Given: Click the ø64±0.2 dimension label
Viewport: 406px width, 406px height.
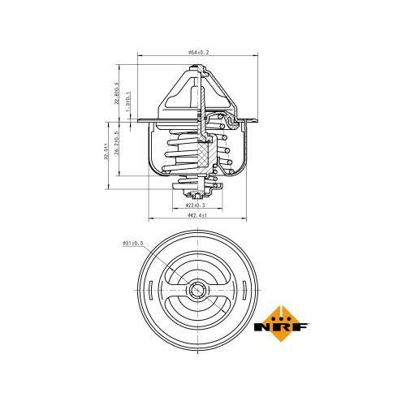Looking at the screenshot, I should point(197,53).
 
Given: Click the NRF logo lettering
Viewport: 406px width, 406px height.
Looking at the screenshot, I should point(282,327).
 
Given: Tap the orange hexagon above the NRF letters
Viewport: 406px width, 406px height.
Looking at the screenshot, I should point(282,311).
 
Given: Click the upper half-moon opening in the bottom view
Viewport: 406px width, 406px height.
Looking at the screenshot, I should point(197,271).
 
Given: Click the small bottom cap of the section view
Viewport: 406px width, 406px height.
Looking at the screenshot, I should point(197,195).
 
